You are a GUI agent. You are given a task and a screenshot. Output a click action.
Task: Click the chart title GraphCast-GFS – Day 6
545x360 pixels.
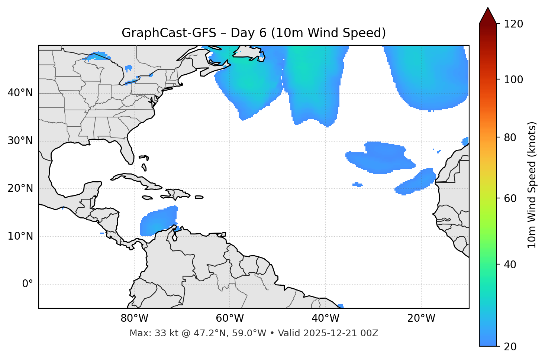click(254, 33)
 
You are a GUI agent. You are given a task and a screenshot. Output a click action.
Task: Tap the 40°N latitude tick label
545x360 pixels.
click(20, 93)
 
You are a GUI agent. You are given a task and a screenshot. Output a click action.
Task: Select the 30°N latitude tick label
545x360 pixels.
click(20, 141)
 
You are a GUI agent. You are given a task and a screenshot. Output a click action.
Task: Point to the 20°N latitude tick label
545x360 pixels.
click(20, 188)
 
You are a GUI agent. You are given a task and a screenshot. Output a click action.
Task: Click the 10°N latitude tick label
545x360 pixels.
click(20, 236)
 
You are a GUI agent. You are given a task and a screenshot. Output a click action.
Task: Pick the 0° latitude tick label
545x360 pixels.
click(28, 284)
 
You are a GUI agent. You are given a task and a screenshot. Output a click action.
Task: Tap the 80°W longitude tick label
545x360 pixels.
click(134, 318)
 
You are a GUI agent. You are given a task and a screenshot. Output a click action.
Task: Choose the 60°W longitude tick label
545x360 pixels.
click(230, 318)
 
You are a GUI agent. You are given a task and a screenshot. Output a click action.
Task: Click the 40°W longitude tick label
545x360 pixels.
click(325, 318)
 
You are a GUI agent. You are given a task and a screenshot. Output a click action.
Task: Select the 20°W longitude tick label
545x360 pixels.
click(421, 318)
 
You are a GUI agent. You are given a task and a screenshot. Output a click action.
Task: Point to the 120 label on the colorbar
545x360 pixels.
click(513, 24)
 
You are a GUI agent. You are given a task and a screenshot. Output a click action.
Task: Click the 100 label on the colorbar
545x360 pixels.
click(513, 80)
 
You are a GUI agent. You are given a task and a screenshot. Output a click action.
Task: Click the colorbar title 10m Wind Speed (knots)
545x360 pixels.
click(532, 185)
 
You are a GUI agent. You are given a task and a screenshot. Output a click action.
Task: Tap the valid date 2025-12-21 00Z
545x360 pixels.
click(341, 333)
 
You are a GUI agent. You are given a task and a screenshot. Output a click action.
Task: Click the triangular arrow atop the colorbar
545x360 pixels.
click(488, 16)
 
